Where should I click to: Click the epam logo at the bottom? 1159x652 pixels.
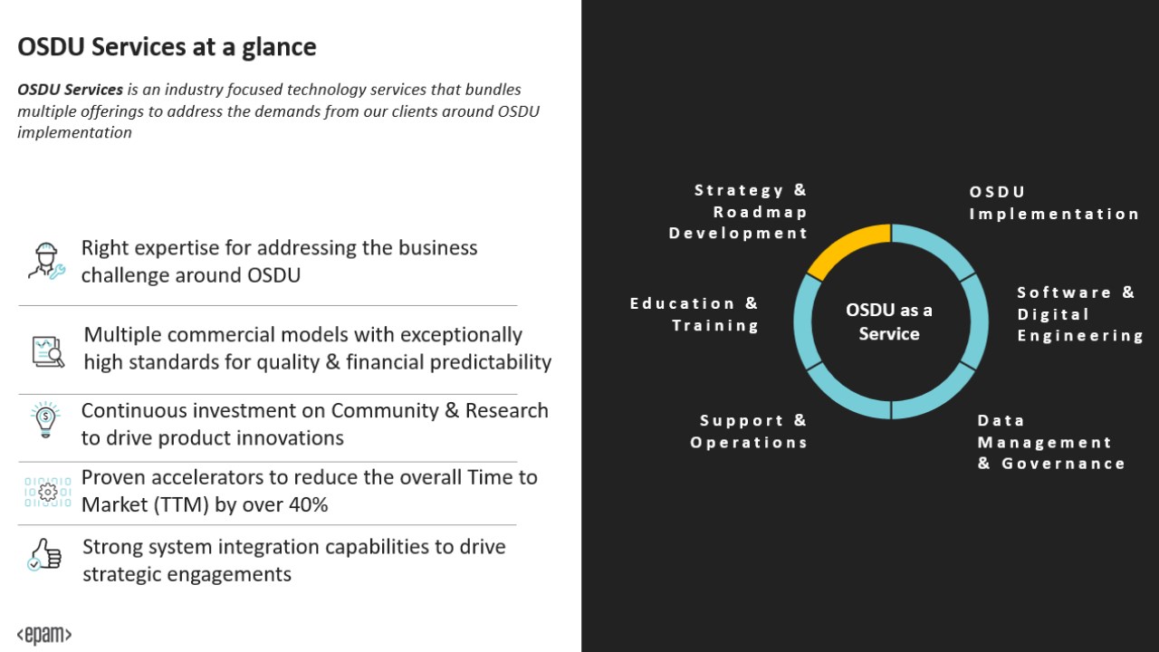(44, 635)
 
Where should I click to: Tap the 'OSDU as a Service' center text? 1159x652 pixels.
(889, 321)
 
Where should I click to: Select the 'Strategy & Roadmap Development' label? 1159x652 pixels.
(738, 212)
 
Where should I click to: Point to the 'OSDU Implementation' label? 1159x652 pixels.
(1054, 203)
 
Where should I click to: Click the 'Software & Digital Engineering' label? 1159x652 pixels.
(1080, 314)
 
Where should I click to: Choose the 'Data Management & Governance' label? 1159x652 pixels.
(1051, 442)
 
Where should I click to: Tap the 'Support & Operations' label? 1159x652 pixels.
(749, 431)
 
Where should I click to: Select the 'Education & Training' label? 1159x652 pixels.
(694, 314)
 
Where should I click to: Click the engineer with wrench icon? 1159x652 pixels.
(46, 262)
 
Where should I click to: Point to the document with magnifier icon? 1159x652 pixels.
(48, 352)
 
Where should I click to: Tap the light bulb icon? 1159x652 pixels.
(45, 420)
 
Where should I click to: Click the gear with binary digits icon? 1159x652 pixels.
(48, 492)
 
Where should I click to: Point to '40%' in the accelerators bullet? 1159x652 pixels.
(308, 504)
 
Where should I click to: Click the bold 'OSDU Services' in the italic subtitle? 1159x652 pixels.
(71, 90)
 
